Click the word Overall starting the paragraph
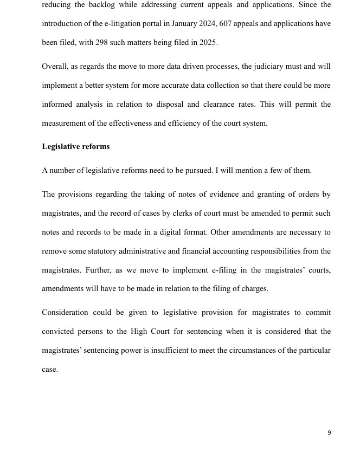pyautogui.click(x=54, y=67)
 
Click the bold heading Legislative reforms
pyautogui.click(x=75, y=147)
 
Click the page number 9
pyautogui.click(x=329, y=432)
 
